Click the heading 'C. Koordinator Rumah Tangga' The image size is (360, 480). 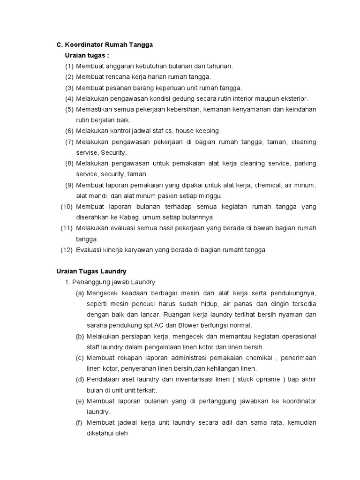[x=105, y=45]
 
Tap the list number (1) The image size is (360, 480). [x=69, y=66]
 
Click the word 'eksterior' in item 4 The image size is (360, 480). [x=294, y=98]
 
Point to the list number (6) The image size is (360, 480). [x=69, y=131]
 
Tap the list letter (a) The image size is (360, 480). [x=80, y=293]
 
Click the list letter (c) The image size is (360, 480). [x=80, y=358]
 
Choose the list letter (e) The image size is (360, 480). [x=80, y=401]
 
